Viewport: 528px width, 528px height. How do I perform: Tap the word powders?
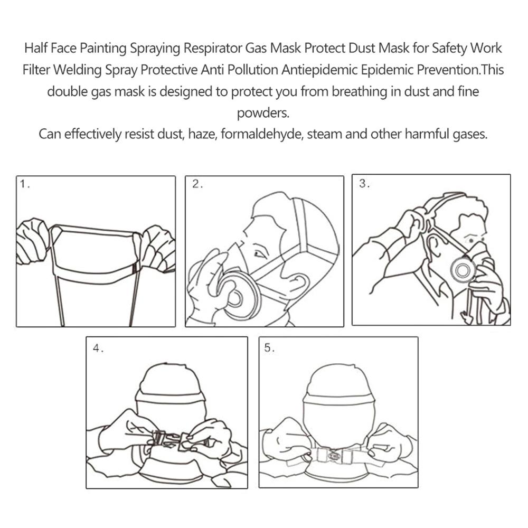263,113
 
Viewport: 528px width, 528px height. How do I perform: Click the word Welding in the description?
78,70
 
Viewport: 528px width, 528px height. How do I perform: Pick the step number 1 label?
25,184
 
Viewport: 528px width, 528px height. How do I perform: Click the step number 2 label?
197,184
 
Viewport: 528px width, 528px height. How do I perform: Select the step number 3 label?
364,184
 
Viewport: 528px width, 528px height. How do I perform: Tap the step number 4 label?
98,348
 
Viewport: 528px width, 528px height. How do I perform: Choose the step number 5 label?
269,347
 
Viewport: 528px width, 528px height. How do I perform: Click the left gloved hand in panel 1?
33,240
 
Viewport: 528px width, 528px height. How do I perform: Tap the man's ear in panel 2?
300,281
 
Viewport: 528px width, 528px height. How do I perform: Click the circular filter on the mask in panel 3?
463,270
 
